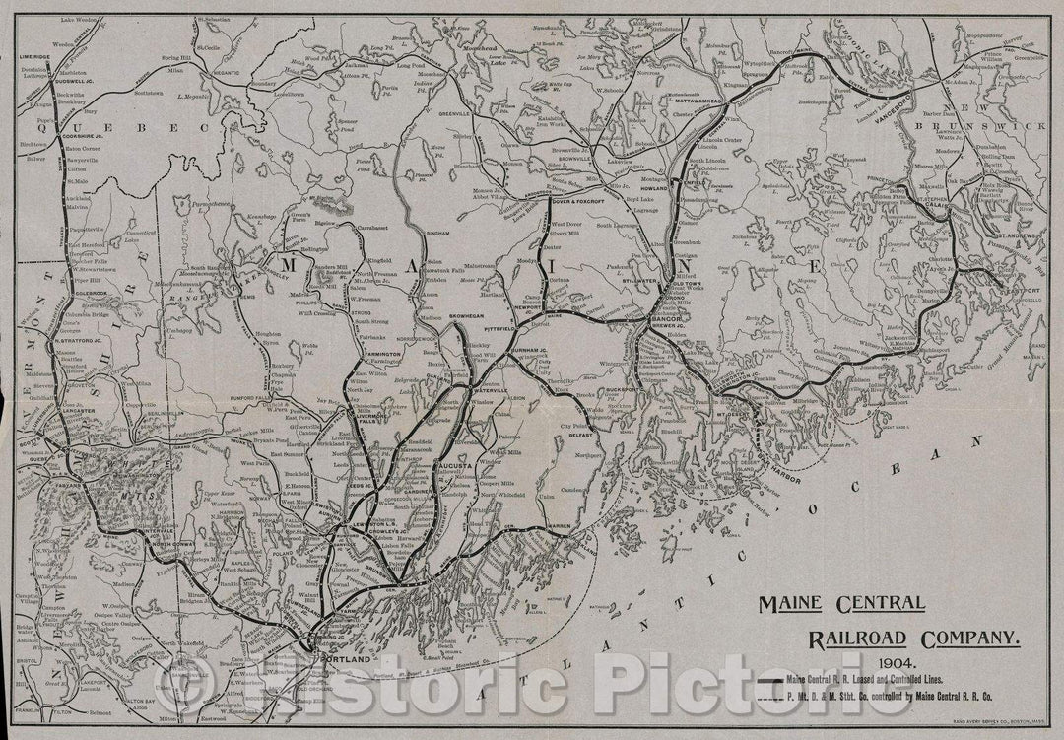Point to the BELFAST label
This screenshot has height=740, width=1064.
[578, 431]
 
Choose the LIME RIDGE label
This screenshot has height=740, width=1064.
[33, 59]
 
